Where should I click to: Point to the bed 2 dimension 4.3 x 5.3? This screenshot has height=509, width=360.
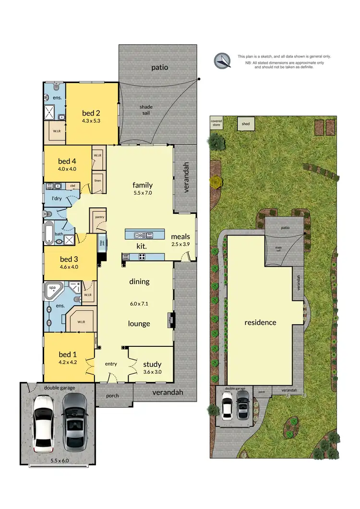(91, 121)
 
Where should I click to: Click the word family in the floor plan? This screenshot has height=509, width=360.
(143, 185)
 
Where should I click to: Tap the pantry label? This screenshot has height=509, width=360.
(99, 217)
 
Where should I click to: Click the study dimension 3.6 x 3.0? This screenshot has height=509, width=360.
(152, 372)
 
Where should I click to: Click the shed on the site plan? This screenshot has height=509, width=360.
(246, 124)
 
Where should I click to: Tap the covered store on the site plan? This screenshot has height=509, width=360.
(216, 123)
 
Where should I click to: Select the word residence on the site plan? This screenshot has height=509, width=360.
(261, 322)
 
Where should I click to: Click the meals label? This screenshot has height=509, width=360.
(180, 237)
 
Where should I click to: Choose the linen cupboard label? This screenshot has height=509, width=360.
(98, 180)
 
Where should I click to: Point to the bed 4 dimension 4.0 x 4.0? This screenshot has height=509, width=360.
(67, 169)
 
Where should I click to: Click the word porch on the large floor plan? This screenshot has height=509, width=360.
(114, 396)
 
